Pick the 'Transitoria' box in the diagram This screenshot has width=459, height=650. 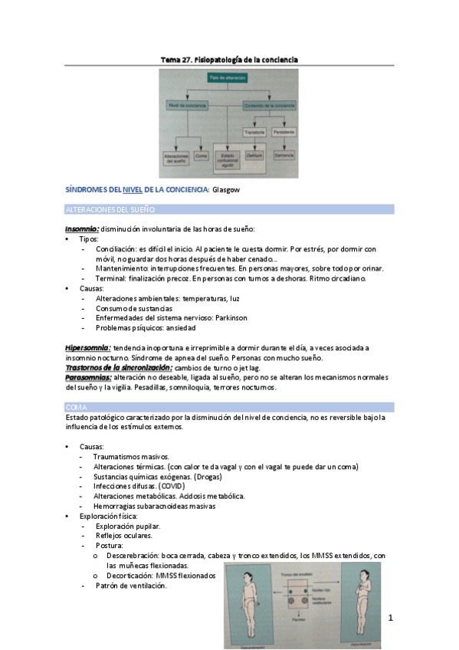tap(254, 131)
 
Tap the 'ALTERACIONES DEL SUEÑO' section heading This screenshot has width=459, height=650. tap(110, 209)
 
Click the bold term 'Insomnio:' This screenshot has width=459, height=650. tap(81, 228)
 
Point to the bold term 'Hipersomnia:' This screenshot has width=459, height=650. tap(87, 348)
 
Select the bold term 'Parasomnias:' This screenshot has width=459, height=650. tap(88, 377)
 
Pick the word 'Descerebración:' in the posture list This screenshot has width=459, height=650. tap(136, 556)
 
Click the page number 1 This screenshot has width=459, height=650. tap(390, 617)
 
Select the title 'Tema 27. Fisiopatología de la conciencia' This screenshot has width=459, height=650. tap(229, 59)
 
